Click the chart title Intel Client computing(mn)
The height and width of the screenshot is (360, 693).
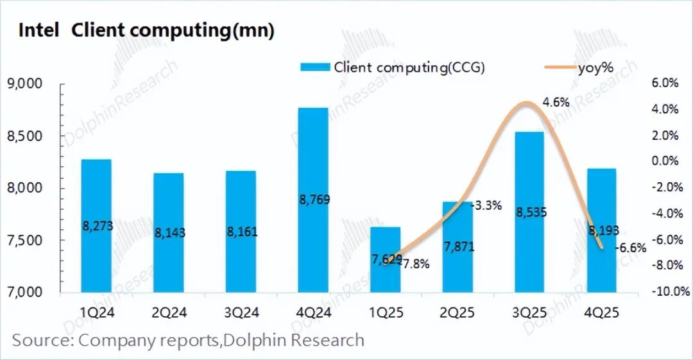pyautogui.click(x=146, y=31)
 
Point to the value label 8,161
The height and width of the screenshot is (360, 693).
pyautogui.click(x=241, y=232)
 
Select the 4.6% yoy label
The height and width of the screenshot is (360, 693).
pyautogui.click(x=556, y=102)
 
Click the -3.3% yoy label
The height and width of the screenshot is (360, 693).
pyautogui.click(x=486, y=206)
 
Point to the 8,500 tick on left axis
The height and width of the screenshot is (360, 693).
pyautogui.click(x=24, y=136)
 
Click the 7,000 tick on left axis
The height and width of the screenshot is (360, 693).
pyautogui.click(x=24, y=292)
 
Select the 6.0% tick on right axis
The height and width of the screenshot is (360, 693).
pyautogui.click(x=665, y=83)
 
